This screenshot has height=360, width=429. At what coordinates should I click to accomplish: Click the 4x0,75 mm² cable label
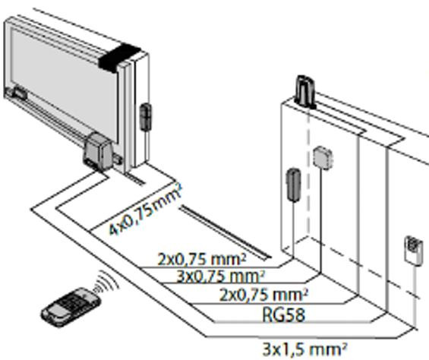[x=146, y=210]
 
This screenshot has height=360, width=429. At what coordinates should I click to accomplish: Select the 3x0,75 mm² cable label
[x=221, y=276]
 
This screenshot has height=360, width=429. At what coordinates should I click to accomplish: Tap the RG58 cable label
[x=283, y=315]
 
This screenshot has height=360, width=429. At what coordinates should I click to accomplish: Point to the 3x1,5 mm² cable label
[x=304, y=349]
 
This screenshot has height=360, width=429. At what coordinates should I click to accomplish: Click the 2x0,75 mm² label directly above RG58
[x=263, y=295]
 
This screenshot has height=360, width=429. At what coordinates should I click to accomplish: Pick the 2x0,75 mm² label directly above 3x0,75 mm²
[x=202, y=259]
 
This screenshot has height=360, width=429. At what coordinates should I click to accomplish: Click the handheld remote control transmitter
[x=70, y=307]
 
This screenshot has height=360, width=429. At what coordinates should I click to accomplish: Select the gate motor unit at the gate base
[x=97, y=151]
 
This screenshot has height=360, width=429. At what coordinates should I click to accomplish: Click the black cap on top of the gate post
[x=120, y=58]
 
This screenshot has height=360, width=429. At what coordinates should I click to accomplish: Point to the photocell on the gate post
[x=146, y=117]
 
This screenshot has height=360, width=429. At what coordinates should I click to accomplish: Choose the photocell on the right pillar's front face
[x=293, y=185]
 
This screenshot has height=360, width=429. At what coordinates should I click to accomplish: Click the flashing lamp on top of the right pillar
[x=305, y=91]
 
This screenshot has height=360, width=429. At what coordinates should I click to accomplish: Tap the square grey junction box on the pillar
[x=323, y=158]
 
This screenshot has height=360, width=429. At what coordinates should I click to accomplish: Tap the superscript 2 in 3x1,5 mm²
[x=344, y=346]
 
